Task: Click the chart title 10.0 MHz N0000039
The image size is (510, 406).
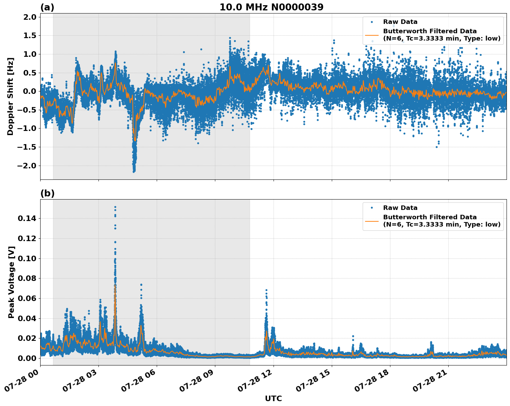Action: pos(271,7)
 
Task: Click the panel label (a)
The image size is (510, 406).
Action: pos(47,7)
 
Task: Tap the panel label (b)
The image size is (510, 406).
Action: pos(47,193)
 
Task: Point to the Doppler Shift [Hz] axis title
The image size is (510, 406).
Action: pos(10,96)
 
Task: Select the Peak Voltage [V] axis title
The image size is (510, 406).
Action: pos(11,282)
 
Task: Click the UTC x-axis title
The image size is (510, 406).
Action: pos(273,398)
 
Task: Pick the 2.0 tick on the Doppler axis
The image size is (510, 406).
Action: pos(29,17)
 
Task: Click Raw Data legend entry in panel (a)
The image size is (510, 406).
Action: pos(400,22)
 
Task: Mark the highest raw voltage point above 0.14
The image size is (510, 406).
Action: pos(115,207)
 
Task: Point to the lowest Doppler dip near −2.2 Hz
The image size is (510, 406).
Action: pos(134,171)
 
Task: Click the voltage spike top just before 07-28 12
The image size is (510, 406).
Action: pos(266,290)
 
